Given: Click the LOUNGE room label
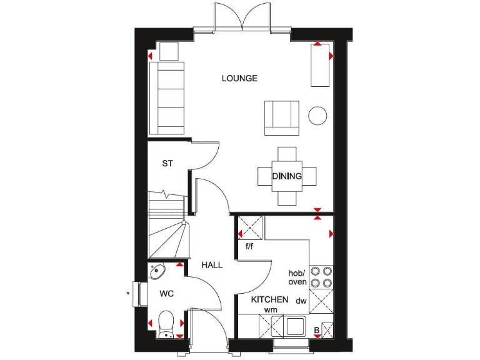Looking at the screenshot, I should [239, 78].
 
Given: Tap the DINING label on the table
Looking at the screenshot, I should [287, 176].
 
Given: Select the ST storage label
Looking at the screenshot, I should [167, 164].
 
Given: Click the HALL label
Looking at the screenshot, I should [212, 265].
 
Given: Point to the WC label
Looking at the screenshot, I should [166, 293].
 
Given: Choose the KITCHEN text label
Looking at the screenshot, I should [269, 299].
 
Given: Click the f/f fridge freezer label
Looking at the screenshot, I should [249, 246].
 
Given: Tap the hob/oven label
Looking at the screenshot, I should [296, 277].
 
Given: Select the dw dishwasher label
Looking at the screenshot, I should [301, 301].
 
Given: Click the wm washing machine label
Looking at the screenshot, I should [270, 310].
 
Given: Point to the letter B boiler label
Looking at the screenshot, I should [316, 330].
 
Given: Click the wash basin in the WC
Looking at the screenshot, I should [157, 271].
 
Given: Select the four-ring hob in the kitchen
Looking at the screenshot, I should [321, 276].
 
